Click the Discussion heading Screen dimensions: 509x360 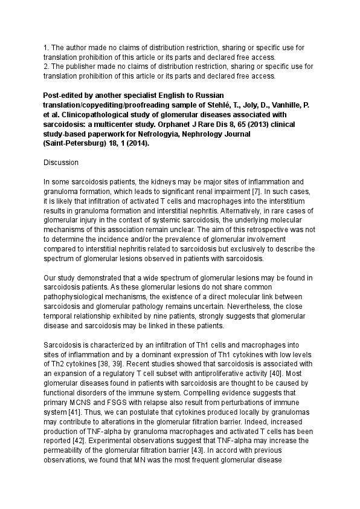click(x=63, y=163)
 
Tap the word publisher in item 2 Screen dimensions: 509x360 click(x=81, y=66)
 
